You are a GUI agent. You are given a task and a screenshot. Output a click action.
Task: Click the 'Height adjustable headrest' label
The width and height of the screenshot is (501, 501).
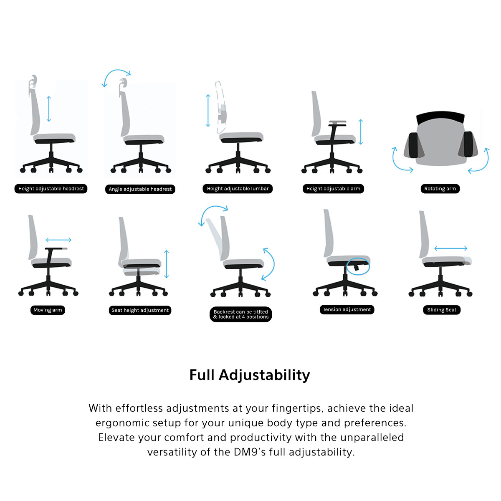[51, 188]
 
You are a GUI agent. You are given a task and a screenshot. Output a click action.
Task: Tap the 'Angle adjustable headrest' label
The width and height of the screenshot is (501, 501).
[140, 189]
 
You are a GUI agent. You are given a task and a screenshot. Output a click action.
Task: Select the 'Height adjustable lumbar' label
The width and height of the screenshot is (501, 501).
[238, 188]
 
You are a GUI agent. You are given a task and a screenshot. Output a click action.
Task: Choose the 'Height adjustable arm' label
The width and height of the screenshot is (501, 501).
[333, 188]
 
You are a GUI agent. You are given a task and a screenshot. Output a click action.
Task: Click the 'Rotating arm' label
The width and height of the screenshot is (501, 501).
[440, 188]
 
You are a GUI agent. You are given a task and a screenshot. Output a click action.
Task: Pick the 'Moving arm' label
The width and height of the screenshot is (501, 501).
[48, 310]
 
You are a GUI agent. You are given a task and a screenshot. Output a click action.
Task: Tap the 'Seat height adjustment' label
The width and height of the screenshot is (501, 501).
[140, 310]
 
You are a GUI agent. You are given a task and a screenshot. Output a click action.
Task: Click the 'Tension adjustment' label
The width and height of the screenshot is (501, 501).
[347, 309]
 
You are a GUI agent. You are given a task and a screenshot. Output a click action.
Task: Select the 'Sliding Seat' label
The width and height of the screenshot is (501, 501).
[442, 310]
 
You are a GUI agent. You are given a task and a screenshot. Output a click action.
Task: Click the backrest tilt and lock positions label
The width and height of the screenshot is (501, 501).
[241, 314]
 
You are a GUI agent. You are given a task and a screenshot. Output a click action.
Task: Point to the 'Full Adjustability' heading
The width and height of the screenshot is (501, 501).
[250, 375]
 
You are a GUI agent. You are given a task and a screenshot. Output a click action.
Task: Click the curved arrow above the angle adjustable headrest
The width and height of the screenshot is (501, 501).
[117, 70]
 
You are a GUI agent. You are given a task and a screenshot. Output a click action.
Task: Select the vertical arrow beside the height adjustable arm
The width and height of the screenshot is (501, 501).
[361, 132]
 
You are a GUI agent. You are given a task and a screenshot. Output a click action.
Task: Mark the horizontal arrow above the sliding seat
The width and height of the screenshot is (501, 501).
[450, 248]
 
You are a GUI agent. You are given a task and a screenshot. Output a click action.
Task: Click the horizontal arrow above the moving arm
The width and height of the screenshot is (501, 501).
[58, 240]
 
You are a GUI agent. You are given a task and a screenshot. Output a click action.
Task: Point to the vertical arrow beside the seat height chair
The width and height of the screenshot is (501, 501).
[167, 264]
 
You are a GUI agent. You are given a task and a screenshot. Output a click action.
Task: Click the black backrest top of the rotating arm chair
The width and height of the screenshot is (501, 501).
[440, 116]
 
